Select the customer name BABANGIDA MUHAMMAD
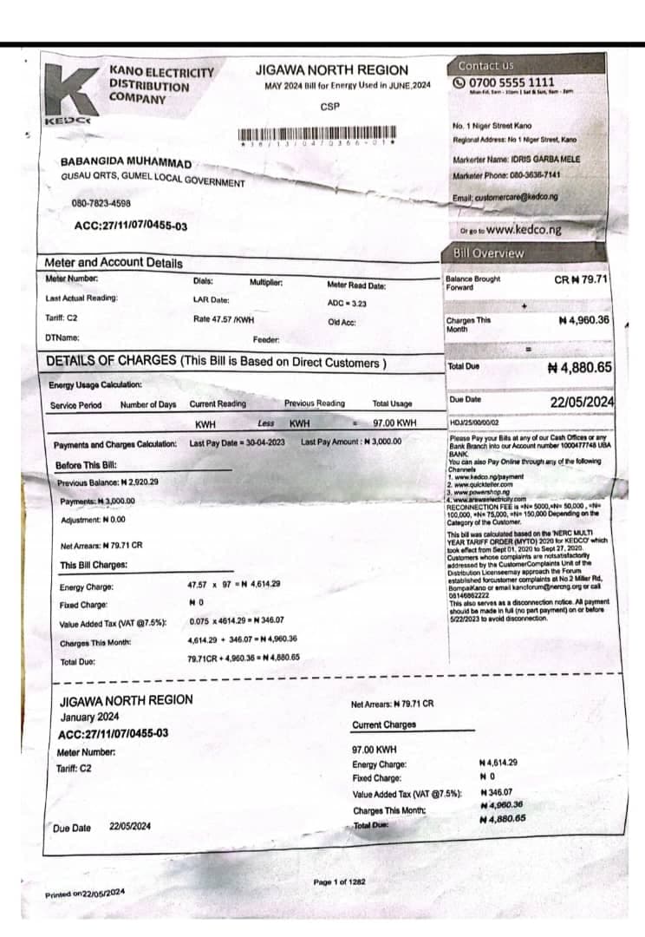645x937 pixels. (x=126, y=163)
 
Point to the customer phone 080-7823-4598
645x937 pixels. (x=101, y=204)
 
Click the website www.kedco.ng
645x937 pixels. (x=523, y=230)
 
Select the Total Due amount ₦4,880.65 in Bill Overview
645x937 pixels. (x=580, y=368)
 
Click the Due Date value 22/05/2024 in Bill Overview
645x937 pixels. (x=582, y=402)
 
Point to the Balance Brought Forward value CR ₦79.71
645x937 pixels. (x=581, y=280)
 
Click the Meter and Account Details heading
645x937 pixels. (x=114, y=263)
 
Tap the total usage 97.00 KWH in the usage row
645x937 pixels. (x=394, y=423)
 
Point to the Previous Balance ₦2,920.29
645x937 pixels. (x=108, y=482)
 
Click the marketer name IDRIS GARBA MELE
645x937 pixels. (x=538, y=159)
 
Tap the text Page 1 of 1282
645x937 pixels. (x=339, y=881)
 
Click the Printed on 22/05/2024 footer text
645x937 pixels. (x=85, y=893)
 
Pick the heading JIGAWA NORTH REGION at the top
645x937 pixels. (x=332, y=69)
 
